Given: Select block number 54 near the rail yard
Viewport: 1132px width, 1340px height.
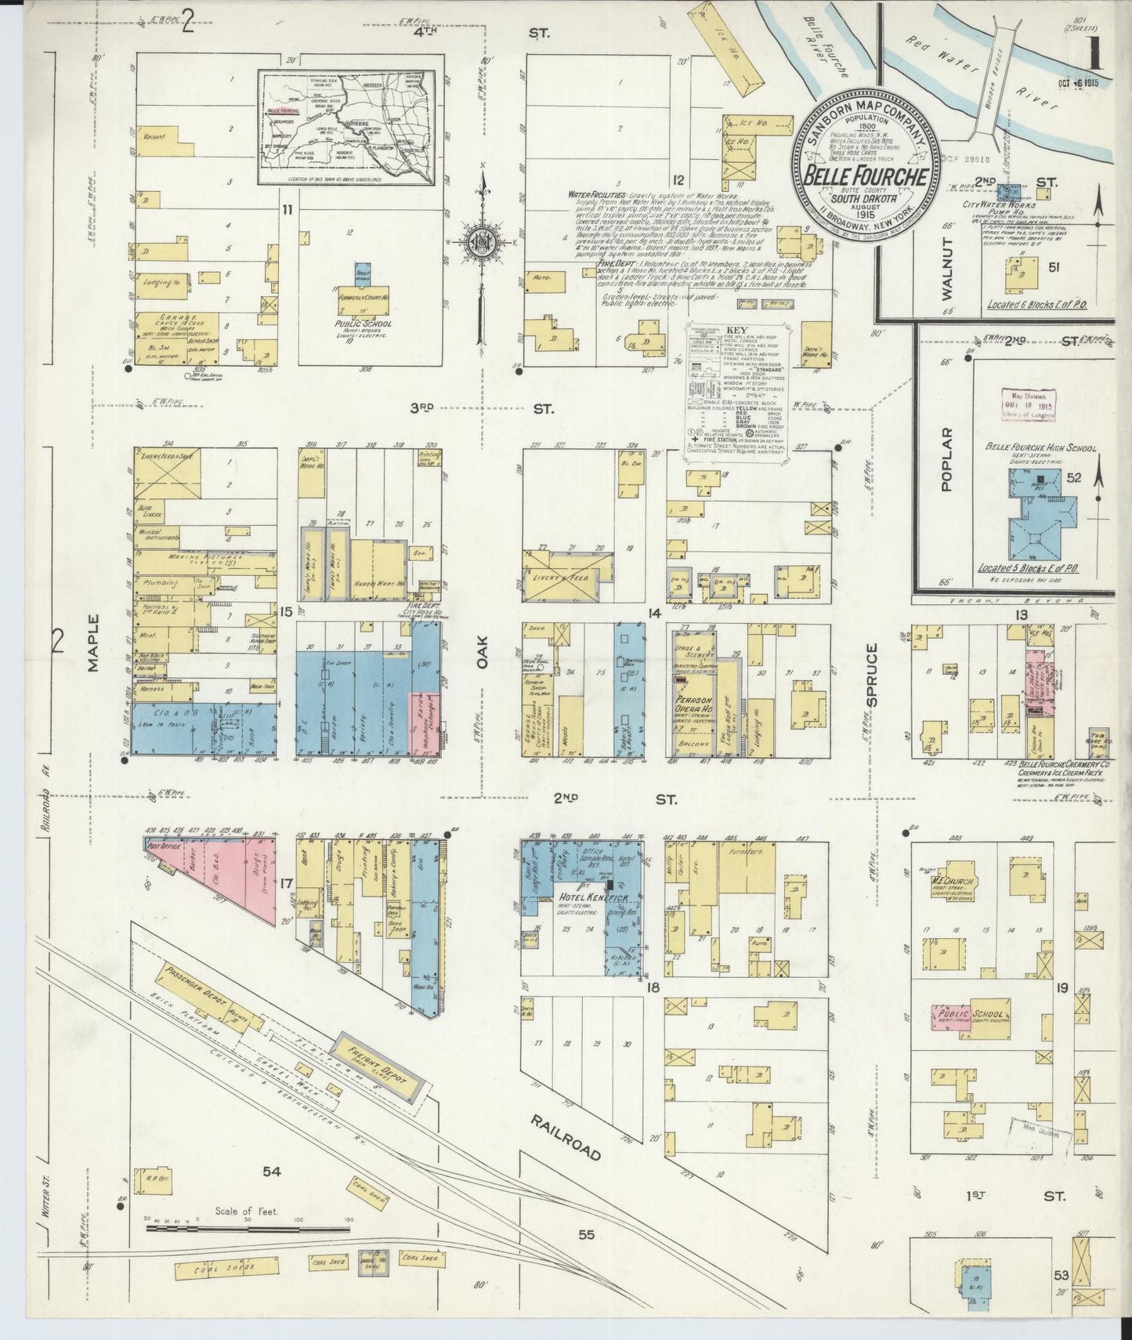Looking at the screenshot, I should pyautogui.click(x=271, y=1172).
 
